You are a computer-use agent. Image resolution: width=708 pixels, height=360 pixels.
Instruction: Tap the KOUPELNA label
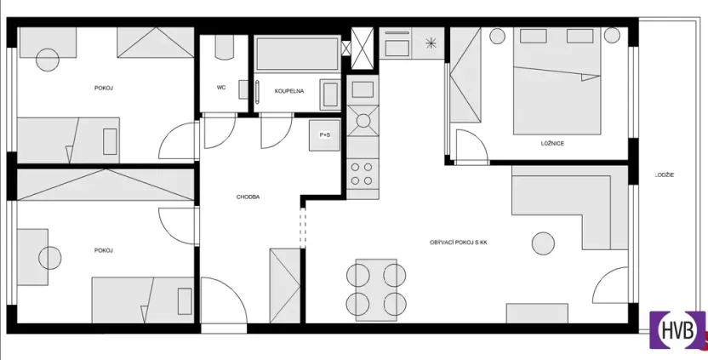click(x=289, y=90)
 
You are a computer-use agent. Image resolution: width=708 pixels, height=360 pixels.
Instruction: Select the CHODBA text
click(x=248, y=197)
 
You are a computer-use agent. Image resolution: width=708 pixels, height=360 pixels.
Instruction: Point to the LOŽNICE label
click(x=551, y=143)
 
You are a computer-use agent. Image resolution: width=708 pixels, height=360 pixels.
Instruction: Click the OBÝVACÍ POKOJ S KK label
click(x=459, y=243)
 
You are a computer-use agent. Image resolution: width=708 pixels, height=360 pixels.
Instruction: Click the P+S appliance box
click(x=325, y=134)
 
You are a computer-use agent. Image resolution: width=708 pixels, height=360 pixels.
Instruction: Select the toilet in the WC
click(x=224, y=47)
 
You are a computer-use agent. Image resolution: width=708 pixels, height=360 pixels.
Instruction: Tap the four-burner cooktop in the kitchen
click(x=363, y=174)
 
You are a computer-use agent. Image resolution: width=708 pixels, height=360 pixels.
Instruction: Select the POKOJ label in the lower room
click(x=104, y=250)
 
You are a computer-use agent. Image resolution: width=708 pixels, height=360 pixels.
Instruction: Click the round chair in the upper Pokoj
click(x=47, y=60)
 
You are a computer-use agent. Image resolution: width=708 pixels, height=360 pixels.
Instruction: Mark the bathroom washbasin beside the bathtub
click(x=328, y=92)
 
